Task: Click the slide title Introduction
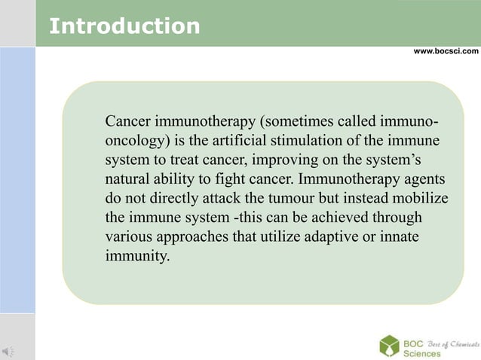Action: point(124,26)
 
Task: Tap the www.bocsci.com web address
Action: point(446,51)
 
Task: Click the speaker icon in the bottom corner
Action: point(8,349)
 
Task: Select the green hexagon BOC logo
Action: point(389,345)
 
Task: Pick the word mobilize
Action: point(420,198)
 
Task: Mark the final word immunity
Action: point(138,255)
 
